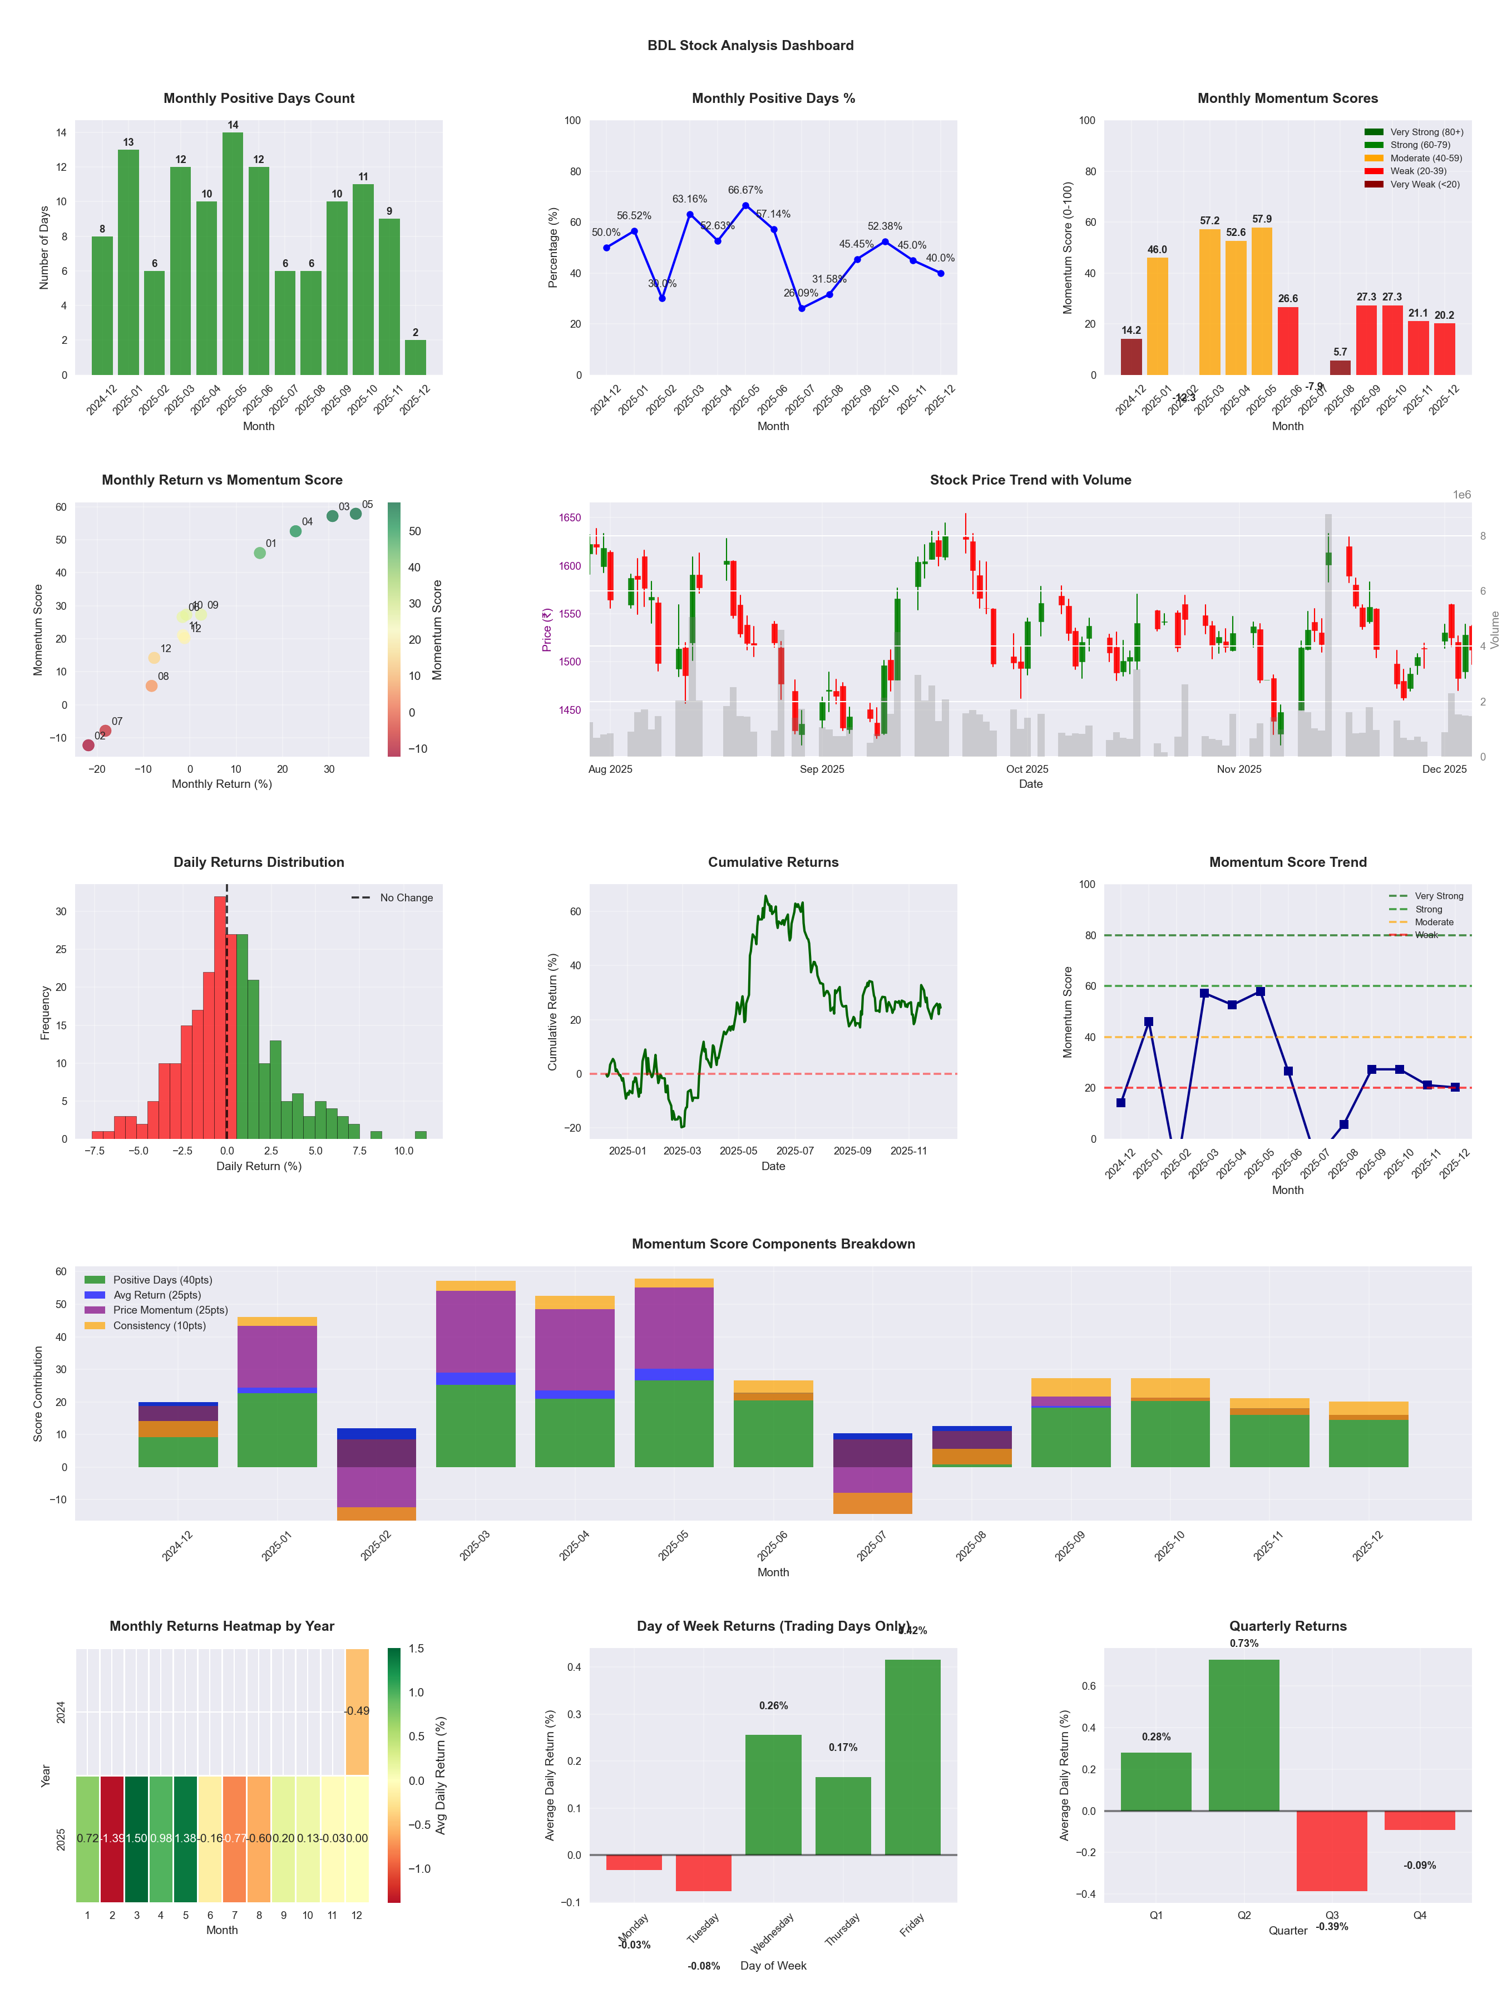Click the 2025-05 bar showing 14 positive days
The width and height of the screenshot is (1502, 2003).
click(x=233, y=254)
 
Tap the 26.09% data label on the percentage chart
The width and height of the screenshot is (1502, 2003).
click(x=801, y=293)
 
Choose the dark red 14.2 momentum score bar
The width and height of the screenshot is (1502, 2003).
click(x=1131, y=356)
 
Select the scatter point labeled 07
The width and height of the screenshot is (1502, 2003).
click(x=105, y=731)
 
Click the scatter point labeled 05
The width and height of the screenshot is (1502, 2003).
click(x=356, y=514)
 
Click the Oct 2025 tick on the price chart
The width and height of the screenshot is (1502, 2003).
click(x=1027, y=769)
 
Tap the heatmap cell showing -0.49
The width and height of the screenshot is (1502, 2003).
click(x=357, y=1710)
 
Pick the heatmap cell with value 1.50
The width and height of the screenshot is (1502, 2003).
click(x=137, y=1838)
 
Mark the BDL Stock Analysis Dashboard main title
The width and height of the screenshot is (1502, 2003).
click(x=750, y=45)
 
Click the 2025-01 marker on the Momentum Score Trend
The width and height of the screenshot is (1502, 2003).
click(x=1148, y=1022)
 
